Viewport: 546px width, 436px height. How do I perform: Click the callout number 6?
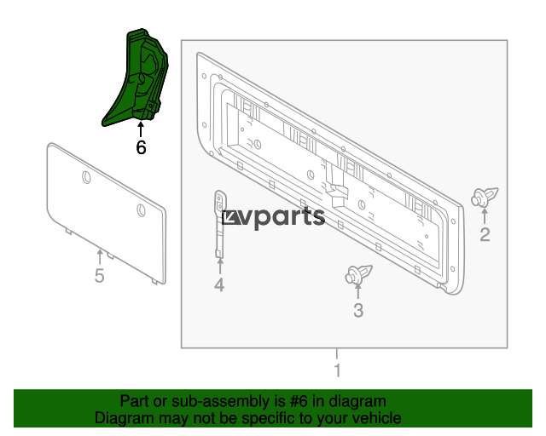[141, 147]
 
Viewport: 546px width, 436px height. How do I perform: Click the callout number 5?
[100, 276]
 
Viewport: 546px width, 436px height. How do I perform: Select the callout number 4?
[219, 284]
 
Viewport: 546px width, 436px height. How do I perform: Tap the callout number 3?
[358, 311]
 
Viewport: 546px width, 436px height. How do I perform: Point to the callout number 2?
[485, 235]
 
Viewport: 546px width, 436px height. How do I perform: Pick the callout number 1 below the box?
[337, 370]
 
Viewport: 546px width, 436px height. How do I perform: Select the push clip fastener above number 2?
[485, 198]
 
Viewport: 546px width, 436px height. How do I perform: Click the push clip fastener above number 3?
[358, 275]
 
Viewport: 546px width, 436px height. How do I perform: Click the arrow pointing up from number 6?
[141, 129]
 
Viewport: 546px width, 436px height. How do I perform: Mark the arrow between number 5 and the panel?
[100, 258]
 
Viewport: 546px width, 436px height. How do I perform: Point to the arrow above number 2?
[485, 216]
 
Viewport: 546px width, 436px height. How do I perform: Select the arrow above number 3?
[358, 291]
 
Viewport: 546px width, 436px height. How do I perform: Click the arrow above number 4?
[220, 267]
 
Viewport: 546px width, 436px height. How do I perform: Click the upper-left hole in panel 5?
[86, 177]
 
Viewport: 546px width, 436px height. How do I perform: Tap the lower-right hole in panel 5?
[141, 210]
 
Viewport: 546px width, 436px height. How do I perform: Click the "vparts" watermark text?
[274, 218]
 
